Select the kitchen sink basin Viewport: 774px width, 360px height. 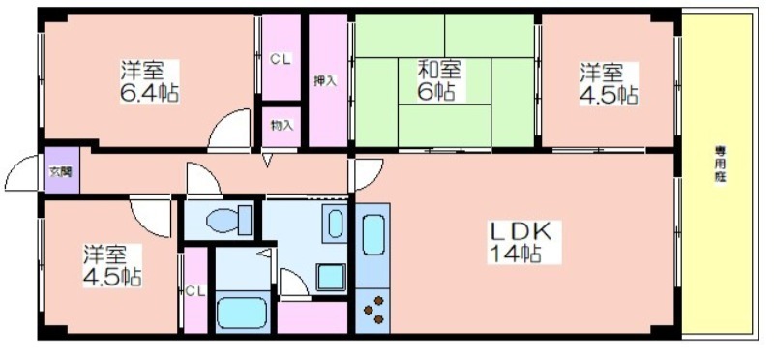pyautogui.click(x=372, y=236)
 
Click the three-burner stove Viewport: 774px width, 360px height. pyautogui.click(x=372, y=309)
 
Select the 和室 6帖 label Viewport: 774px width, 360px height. pyautogui.click(x=438, y=81)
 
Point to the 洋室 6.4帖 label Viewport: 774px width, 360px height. pyautogui.click(x=148, y=81)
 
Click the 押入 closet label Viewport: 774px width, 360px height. pyautogui.click(x=326, y=80)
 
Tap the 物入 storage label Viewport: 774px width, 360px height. pyautogui.click(x=282, y=126)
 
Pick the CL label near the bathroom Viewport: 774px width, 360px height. pyautogui.click(x=195, y=289)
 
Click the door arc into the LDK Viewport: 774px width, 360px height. pyautogui.click(x=366, y=173)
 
